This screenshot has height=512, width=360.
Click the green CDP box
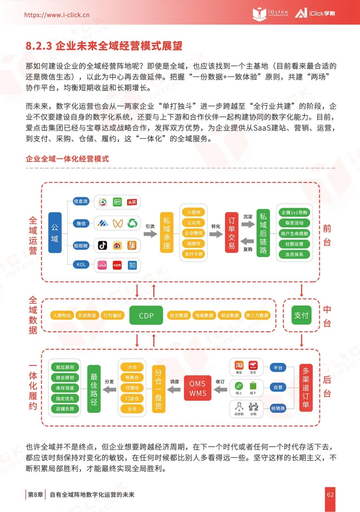point(146,315)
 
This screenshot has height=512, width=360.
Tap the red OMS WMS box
point(198,388)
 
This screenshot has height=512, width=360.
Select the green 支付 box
point(301,315)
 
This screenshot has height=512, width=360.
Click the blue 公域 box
point(55,233)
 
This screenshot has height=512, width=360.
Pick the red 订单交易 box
point(232,233)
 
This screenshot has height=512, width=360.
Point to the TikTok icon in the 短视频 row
point(102,245)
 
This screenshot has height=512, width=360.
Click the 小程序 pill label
point(193,212)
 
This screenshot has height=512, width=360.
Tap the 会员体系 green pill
point(294,254)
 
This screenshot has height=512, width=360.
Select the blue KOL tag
point(81,265)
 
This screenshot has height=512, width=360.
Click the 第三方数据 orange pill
point(257,315)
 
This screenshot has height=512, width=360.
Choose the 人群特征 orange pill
point(62,315)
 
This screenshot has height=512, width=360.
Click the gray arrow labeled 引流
point(150,234)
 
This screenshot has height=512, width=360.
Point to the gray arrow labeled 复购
point(248,241)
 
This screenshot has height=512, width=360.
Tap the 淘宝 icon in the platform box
point(239,365)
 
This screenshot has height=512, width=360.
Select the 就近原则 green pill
point(65,367)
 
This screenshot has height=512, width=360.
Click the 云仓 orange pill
point(132,409)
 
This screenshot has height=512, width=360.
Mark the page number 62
point(330,495)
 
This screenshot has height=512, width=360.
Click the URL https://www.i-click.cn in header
point(57,15)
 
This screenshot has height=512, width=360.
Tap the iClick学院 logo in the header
point(315,13)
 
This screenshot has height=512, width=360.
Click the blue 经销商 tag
point(278,408)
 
